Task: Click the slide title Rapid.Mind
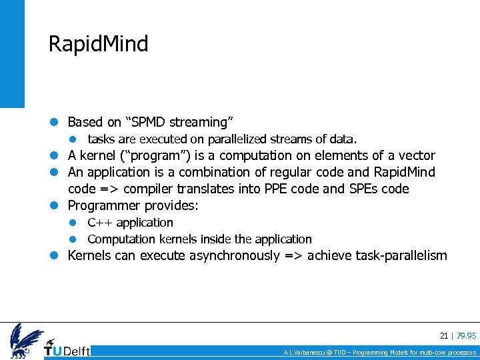[x=98, y=44]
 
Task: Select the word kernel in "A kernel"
[x=98, y=156]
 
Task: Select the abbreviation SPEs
[x=363, y=189]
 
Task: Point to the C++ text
[x=99, y=223]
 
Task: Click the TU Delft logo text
[x=67, y=350]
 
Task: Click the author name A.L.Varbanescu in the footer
[x=304, y=352]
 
